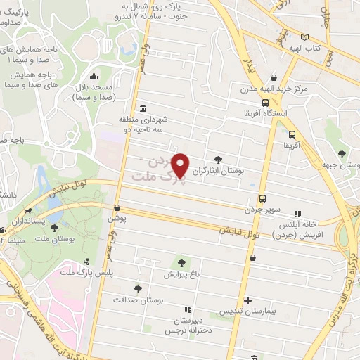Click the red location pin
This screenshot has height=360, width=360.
click(x=181, y=165)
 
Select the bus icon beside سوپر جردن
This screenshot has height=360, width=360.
click(x=262, y=198)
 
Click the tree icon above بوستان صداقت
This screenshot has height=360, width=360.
click(x=138, y=288)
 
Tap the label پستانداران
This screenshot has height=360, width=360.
click(x=29, y=221)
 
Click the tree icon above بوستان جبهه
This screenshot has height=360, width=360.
click(x=342, y=154)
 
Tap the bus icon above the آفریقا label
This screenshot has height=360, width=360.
click(x=292, y=134)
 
